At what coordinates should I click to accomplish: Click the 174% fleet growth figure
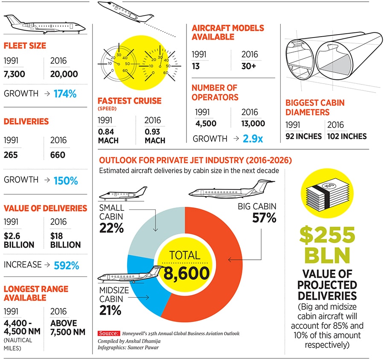66,93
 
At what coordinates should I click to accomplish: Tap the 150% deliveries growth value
66,180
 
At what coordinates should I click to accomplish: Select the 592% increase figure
66,265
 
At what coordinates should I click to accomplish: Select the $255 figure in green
327,235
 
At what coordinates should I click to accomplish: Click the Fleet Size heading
25,45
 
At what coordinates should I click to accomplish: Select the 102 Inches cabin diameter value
347,136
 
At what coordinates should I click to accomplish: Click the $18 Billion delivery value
65,240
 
